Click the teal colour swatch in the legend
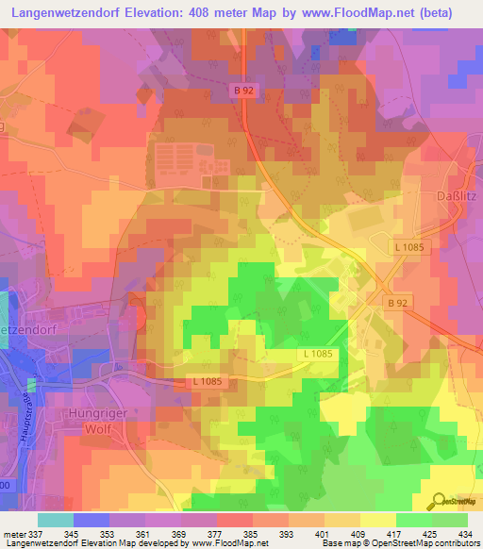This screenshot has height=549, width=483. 56,520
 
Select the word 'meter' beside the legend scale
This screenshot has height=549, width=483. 14,533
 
